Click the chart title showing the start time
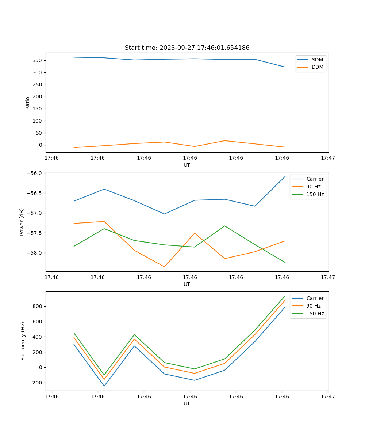(x=187, y=48)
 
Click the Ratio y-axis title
(x=28, y=103)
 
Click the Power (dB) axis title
(x=22, y=222)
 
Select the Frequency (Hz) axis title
(x=23, y=341)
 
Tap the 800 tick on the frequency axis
(x=38, y=306)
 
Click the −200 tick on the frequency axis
(x=35, y=383)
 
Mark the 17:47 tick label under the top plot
(x=328, y=158)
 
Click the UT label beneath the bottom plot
(x=187, y=404)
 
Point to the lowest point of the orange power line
(x=164, y=267)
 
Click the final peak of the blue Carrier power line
(x=285, y=176)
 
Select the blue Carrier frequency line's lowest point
(x=104, y=386)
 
